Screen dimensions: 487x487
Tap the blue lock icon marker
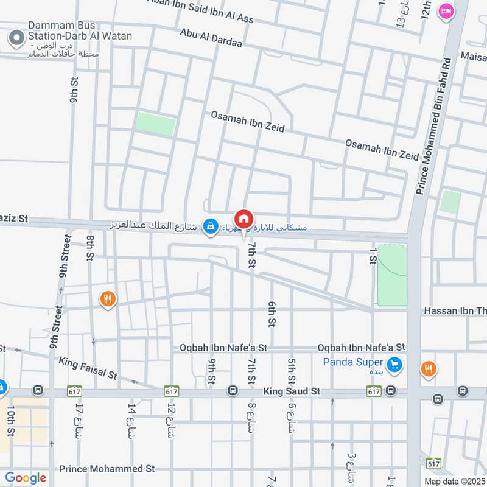point(211,226)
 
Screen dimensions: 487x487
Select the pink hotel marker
point(446,11)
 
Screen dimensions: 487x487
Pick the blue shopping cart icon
point(394,365)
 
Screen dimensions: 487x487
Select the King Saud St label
point(292,392)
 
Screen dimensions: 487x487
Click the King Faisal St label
point(88,369)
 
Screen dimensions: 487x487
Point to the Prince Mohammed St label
point(107,469)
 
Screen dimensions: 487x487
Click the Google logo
point(26,478)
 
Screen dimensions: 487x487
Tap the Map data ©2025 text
point(454,481)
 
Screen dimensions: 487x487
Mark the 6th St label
point(272,312)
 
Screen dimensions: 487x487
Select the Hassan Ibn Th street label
point(454,311)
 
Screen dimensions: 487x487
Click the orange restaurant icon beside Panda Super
point(429,368)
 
